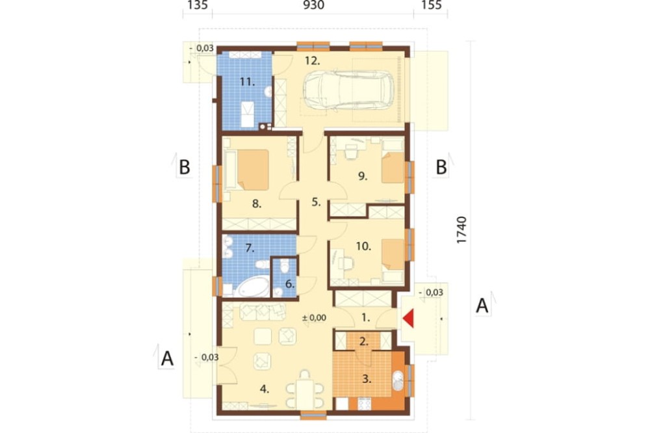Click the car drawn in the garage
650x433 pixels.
(x=349, y=91)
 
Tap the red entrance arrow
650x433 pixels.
(x=408, y=319)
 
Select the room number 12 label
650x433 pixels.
(x=313, y=61)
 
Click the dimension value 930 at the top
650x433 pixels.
(x=313, y=5)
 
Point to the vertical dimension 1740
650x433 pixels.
(x=461, y=230)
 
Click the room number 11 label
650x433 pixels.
(x=247, y=82)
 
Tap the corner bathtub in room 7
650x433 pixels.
(x=252, y=287)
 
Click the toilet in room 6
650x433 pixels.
(x=285, y=265)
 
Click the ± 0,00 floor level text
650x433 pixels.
(x=314, y=318)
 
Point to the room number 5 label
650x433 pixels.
(x=316, y=202)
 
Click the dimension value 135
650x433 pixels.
(x=198, y=5)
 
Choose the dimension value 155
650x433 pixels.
(x=431, y=5)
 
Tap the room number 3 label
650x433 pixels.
(x=367, y=378)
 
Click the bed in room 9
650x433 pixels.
(x=393, y=168)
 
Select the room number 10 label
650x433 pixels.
(x=363, y=246)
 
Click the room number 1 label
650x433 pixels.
(x=365, y=318)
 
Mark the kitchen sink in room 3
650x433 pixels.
(x=398, y=381)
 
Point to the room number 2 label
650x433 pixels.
(x=364, y=342)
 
